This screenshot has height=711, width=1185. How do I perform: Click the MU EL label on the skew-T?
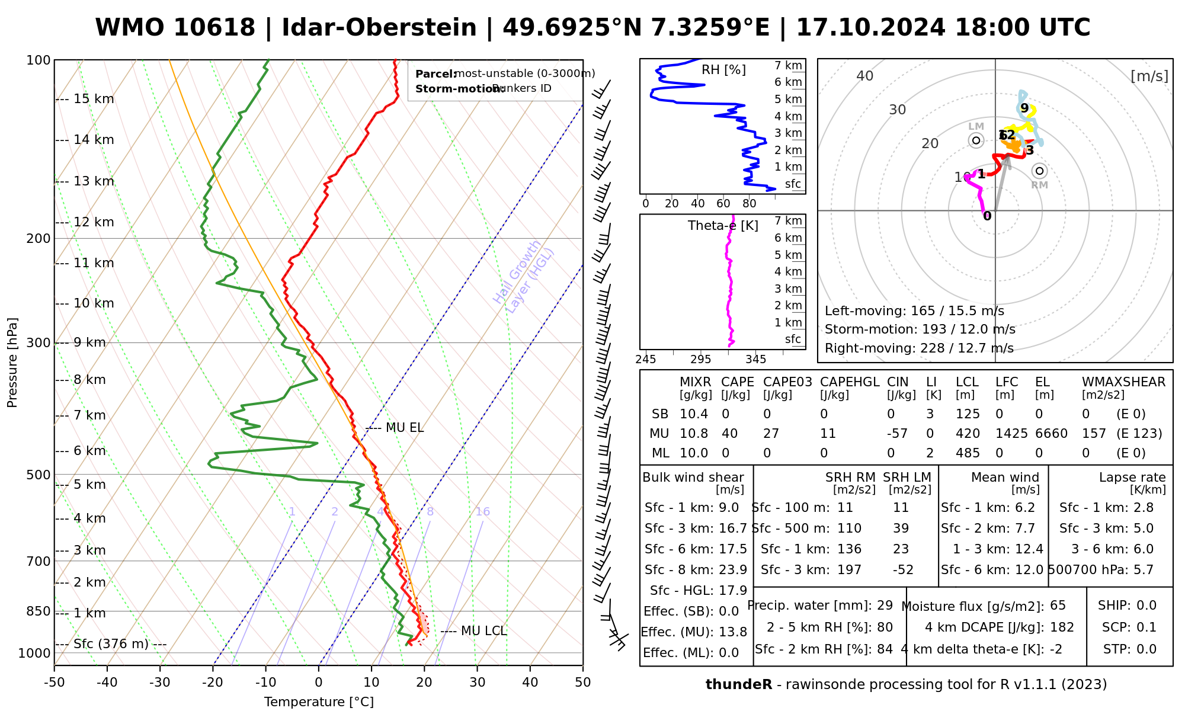pos(405,428)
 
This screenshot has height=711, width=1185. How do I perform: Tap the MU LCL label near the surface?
pos(483,631)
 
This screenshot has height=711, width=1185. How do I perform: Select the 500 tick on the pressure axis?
pos(39,475)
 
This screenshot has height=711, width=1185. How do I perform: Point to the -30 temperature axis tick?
pos(160,683)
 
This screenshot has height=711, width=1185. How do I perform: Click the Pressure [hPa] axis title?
pos(12,363)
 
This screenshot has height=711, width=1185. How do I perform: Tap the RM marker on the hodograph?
pos(1039,171)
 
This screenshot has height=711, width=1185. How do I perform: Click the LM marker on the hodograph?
pos(976,140)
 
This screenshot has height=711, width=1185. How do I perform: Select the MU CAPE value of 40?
pos(729,434)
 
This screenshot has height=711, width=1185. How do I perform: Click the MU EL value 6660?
pos(1051,434)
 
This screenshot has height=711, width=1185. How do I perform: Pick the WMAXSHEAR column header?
pos(1123,382)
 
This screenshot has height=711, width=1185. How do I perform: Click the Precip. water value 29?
pos(885,606)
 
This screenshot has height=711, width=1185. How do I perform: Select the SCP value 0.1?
pos(1146,627)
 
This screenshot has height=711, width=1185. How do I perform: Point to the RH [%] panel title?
pos(723,70)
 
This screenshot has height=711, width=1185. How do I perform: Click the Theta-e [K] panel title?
pos(723,226)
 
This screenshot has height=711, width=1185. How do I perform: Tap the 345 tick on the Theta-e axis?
pos(755,360)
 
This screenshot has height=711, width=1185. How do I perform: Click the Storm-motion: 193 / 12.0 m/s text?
pos(920,329)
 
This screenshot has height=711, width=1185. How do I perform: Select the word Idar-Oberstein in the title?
pos(379,28)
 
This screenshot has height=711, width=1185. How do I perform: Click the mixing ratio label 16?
pos(482,512)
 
